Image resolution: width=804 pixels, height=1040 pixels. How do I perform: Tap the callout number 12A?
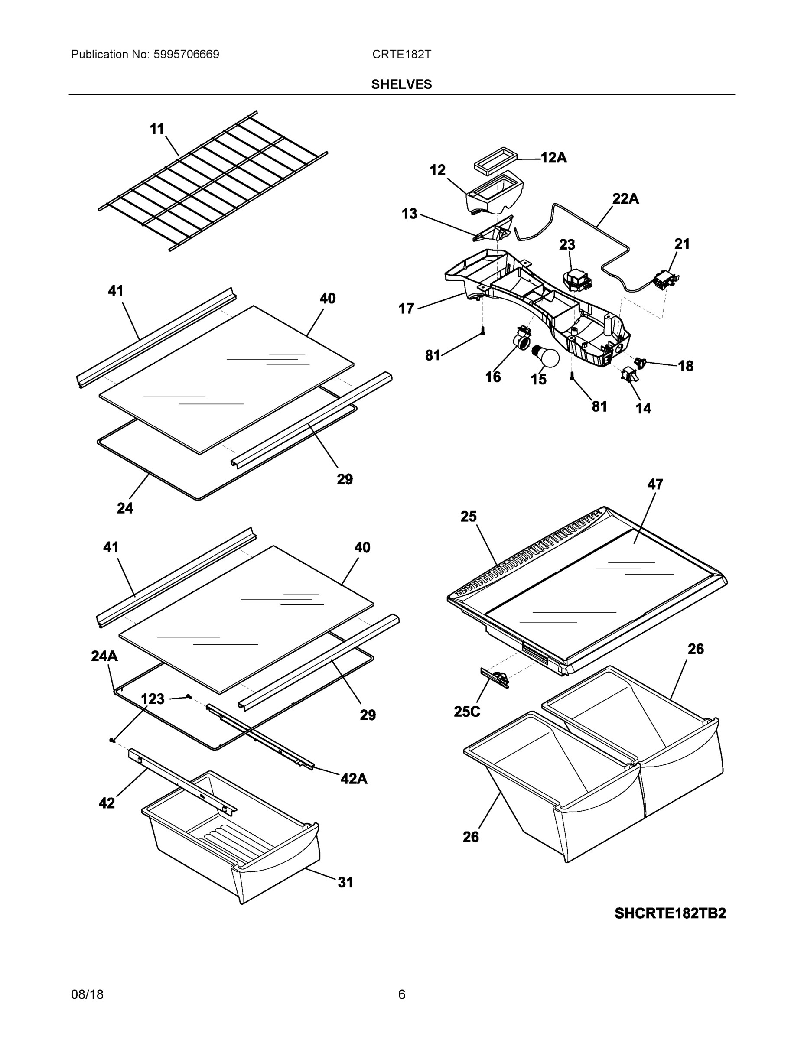(553, 158)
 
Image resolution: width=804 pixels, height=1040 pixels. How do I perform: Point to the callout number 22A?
(625, 198)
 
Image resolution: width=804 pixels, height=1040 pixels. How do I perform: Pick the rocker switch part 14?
(630, 375)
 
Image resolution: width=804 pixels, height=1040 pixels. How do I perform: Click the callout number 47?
(655, 484)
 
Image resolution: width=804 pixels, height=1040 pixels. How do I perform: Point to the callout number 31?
(345, 882)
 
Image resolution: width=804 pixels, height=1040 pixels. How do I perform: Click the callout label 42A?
(353, 779)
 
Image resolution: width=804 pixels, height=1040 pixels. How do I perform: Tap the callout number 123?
(153, 699)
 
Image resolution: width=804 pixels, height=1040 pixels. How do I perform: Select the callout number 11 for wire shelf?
(157, 129)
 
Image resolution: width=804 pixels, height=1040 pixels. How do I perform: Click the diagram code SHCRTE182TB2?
(670, 913)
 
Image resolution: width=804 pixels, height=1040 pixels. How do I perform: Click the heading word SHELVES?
(401, 84)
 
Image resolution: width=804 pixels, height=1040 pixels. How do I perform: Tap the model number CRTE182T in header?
(401, 54)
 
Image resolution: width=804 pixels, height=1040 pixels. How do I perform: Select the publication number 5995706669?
(186, 54)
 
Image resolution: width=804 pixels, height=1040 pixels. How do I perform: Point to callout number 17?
(406, 309)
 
